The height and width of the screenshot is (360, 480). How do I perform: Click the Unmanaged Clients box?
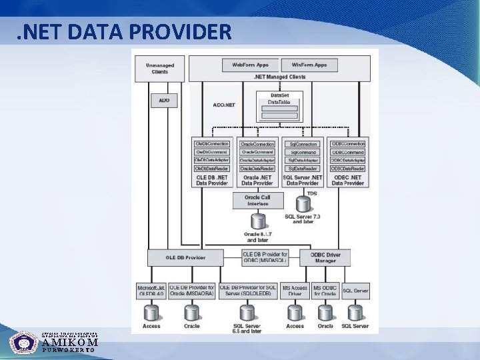(x=160, y=68)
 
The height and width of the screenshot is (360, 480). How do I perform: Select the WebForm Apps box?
(x=250, y=65)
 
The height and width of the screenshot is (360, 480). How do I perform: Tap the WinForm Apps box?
(x=309, y=65)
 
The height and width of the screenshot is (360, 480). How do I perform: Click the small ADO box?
(x=164, y=101)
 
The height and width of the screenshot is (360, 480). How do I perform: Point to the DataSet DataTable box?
(x=279, y=106)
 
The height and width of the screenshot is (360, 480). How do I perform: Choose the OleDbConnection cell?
(x=211, y=144)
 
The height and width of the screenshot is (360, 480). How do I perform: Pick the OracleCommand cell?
(x=257, y=152)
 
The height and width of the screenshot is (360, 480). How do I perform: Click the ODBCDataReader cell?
(x=348, y=168)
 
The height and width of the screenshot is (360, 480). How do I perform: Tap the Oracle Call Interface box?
(x=258, y=200)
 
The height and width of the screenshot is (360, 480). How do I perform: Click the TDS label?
(x=311, y=193)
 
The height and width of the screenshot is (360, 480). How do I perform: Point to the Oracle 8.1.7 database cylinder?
(x=257, y=221)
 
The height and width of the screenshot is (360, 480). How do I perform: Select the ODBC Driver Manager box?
(x=325, y=257)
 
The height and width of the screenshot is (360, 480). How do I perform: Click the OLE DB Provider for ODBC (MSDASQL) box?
(x=265, y=257)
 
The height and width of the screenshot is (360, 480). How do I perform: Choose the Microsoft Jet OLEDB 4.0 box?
(x=151, y=291)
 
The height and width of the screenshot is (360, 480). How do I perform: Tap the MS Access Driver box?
(x=295, y=291)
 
